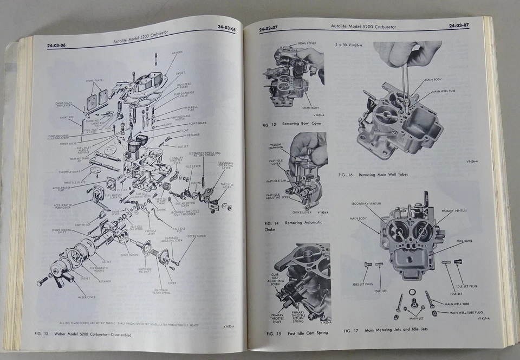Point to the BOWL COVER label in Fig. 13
pos(307,43)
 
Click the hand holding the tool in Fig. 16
pos(406,54)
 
